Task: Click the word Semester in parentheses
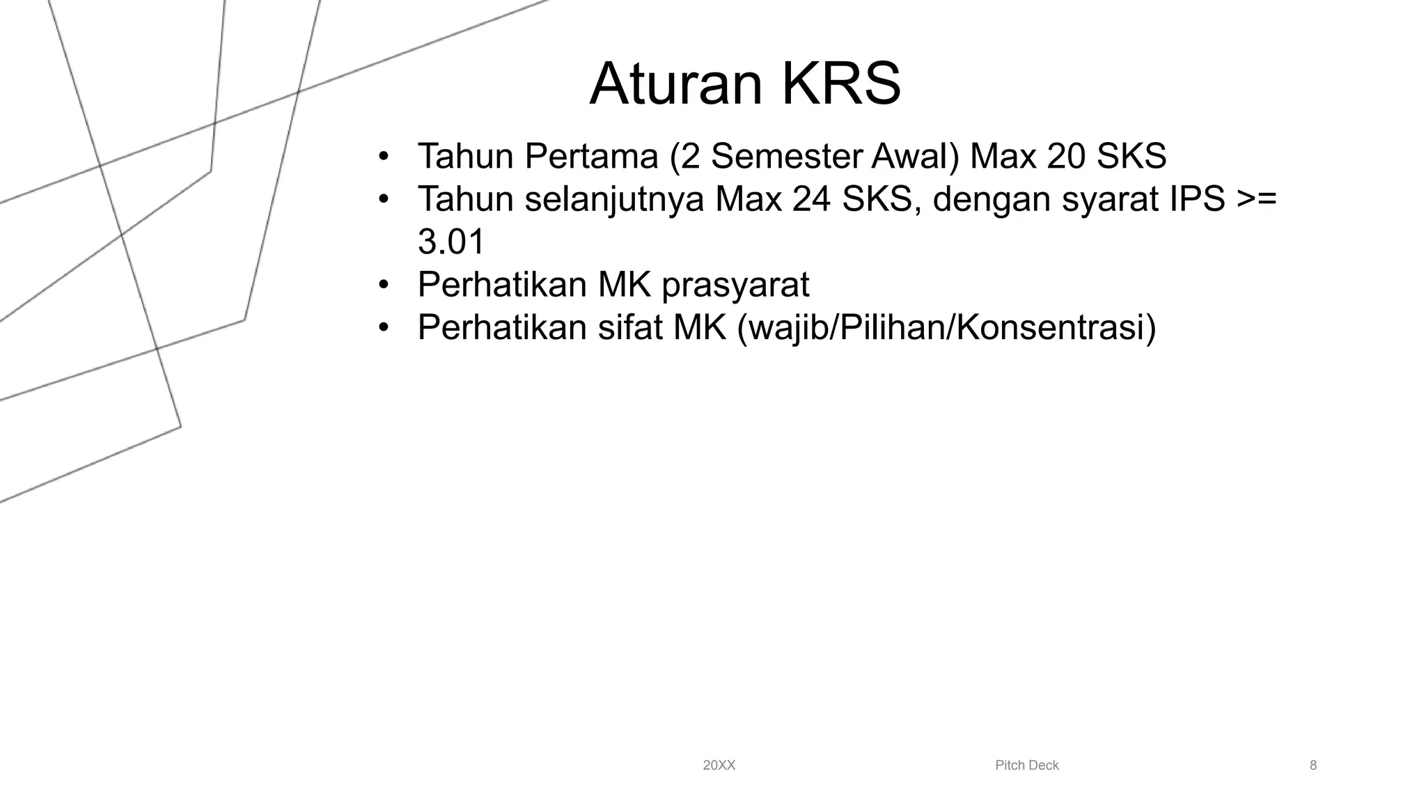[786, 156]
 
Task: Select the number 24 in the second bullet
[812, 199]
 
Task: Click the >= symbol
[1257, 200]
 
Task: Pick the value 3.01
[451, 242]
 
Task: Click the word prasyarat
[735, 285]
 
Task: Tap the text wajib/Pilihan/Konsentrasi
[946, 328]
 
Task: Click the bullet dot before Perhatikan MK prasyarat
[382, 285]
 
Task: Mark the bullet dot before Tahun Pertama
[382, 157]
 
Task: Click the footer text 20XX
[719, 766]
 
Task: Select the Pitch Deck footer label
[1026, 766]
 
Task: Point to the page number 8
[1313, 766]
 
